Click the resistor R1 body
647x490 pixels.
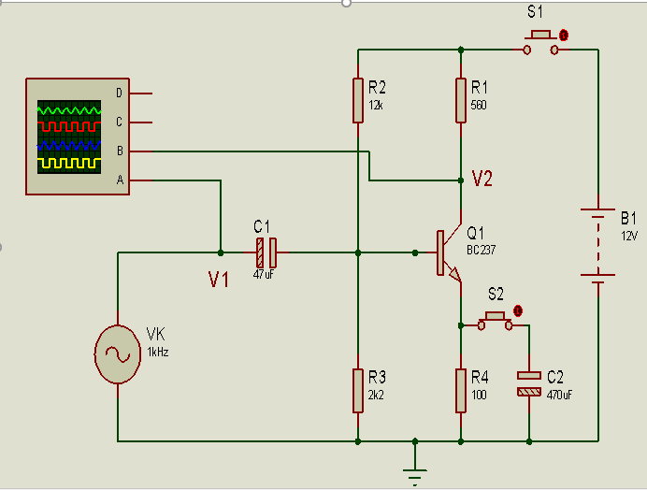[x=461, y=100]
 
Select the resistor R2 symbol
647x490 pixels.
[x=358, y=100]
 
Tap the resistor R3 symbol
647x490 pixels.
[x=358, y=390]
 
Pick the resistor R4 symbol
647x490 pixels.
[x=461, y=390]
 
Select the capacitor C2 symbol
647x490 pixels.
[x=529, y=383]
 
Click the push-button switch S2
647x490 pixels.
[x=496, y=320]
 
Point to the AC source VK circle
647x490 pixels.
[x=118, y=354]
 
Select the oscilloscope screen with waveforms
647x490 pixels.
[x=68, y=137]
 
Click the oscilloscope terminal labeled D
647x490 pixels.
[x=119, y=93]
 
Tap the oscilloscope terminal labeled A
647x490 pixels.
[x=119, y=180]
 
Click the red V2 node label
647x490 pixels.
[x=482, y=180]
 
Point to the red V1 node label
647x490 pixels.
[x=218, y=279]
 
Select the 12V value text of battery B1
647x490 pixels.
[x=628, y=236]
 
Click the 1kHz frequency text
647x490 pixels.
[x=157, y=352]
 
